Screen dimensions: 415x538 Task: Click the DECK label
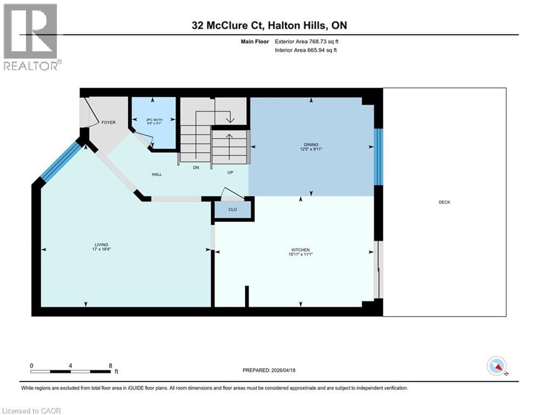(x=444, y=202)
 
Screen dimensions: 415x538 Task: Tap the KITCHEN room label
(x=301, y=250)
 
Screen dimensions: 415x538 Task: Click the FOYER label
(x=109, y=123)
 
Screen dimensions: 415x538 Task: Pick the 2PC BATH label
(x=154, y=119)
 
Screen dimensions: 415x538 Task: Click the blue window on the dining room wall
(x=379, y=157)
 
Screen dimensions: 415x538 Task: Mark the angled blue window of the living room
(x=61, y=161)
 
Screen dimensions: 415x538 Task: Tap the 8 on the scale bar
(x=110, y=365)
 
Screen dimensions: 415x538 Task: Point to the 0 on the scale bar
(x=32, y=365)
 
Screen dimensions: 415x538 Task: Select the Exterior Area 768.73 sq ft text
(x=307, y=41)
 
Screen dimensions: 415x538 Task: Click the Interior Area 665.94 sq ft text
(x=307, y=50)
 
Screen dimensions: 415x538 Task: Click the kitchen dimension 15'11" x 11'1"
(x=301, y=255)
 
